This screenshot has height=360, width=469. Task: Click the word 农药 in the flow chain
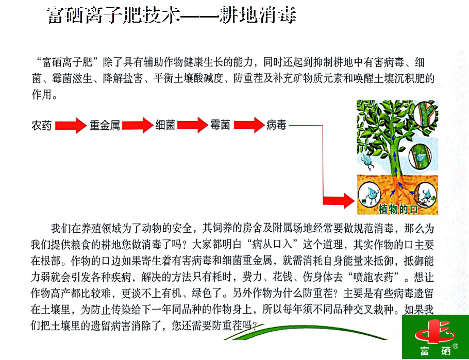click(41, 126)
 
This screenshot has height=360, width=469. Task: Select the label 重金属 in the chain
click(105, 126)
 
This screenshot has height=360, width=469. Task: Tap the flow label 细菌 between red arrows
click(165, 125)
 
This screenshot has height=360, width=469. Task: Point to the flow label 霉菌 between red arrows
click(220, 125)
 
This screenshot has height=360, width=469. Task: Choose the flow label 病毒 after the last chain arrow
click(276, 125)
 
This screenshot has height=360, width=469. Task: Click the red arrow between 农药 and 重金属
click(71, 126)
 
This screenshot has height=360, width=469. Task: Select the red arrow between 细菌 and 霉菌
click(192, 125)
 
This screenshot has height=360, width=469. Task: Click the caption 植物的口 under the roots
click(398, 209)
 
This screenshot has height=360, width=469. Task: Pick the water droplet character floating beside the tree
click(367, 161)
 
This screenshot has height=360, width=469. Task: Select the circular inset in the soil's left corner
click(370, 195)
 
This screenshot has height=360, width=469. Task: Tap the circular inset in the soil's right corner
click(425, 196)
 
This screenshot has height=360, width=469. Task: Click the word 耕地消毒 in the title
click(258, 14)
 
